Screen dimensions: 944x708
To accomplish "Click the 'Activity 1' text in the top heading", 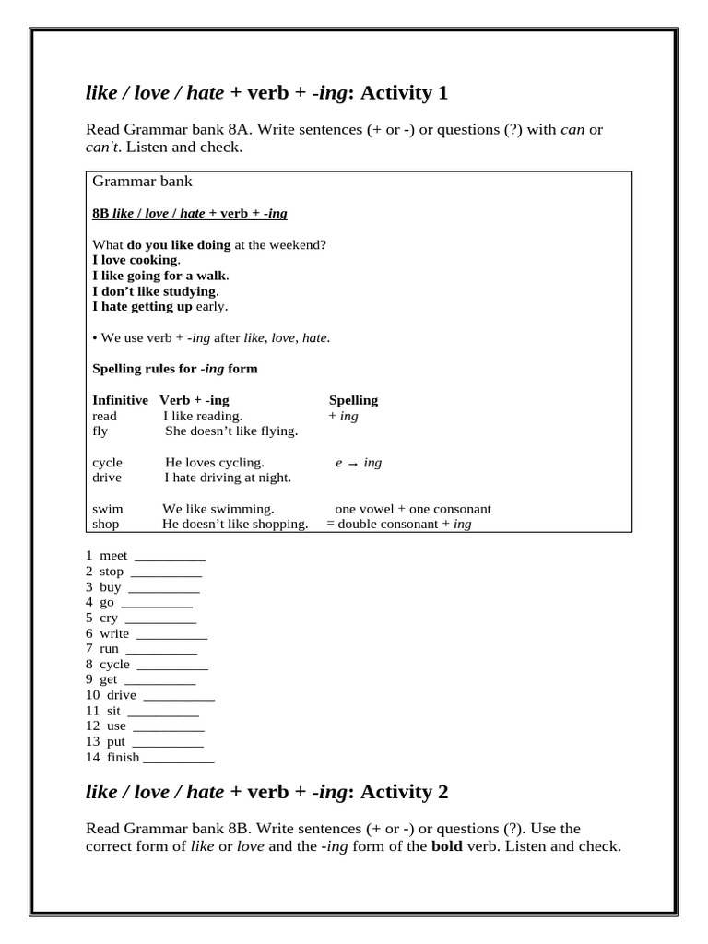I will point(404,92).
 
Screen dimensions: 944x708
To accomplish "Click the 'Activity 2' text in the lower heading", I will point(404,791).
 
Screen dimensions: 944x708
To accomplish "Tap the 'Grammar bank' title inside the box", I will point(142,182).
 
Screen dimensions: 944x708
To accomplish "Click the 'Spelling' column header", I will point(353,400).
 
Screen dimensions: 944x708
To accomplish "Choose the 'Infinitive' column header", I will point(120,400).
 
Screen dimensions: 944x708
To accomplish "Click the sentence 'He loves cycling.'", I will point(215,462).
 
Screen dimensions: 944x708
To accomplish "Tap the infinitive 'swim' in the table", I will point(108,509).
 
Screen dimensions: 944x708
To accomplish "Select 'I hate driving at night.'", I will point(228,478).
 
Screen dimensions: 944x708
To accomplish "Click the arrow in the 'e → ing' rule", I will point(353,463).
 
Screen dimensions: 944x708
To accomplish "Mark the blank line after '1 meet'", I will point(170,557).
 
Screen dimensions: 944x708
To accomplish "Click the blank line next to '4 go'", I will point(157,604).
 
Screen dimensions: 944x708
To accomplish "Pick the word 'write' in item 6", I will point(114,633).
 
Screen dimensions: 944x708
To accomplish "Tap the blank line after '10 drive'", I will point(179,696).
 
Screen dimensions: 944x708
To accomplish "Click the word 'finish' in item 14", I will point(123,757).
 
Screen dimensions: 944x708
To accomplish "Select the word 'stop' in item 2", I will point(112,572).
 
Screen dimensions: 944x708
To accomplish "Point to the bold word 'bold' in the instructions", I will point(447,846).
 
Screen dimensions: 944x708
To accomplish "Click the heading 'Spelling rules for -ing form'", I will point(175,369).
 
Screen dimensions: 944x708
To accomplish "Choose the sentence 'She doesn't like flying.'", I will point(231,431).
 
